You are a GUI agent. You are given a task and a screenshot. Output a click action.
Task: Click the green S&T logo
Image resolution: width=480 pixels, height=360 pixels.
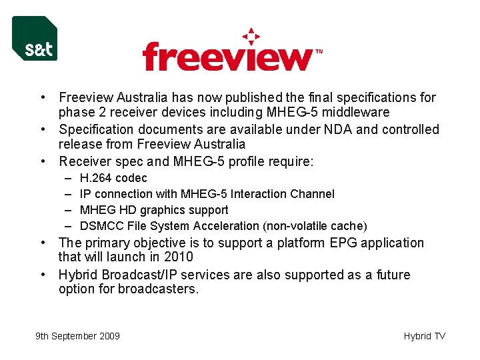click(x=35, y=39)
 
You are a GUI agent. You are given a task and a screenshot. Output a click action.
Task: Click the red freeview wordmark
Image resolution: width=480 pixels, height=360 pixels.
click(x=227, y=56)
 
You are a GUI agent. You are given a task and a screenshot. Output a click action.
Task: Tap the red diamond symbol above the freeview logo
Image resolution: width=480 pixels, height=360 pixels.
click(x=251, y=36)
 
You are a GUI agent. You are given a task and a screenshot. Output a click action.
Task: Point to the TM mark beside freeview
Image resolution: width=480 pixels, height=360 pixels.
click(x=319, y=51)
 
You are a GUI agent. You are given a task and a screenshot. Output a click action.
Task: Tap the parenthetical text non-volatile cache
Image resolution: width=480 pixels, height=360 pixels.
click(x=314, y=226)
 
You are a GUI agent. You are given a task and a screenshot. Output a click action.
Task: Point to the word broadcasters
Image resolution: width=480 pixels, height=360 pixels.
click(x=157, y=289)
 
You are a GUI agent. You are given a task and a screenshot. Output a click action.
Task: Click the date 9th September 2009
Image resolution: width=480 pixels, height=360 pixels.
click(x=77, y=336)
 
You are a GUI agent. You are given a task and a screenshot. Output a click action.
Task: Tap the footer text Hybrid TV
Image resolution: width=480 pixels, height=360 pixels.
click(x=424, y=336)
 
